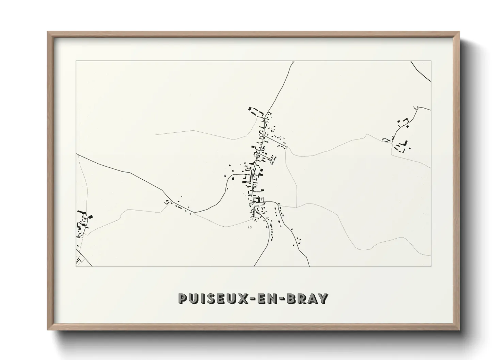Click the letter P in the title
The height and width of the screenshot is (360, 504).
tap(183, 299)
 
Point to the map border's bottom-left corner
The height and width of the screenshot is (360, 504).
tap(76, 266)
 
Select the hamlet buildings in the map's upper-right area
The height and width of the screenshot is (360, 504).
tap(400, 136)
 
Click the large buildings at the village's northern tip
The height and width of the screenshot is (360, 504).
tap(255, 111)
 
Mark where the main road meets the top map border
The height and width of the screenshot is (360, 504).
tap(294, 62)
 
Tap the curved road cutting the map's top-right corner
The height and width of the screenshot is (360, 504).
tap(421, 72)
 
